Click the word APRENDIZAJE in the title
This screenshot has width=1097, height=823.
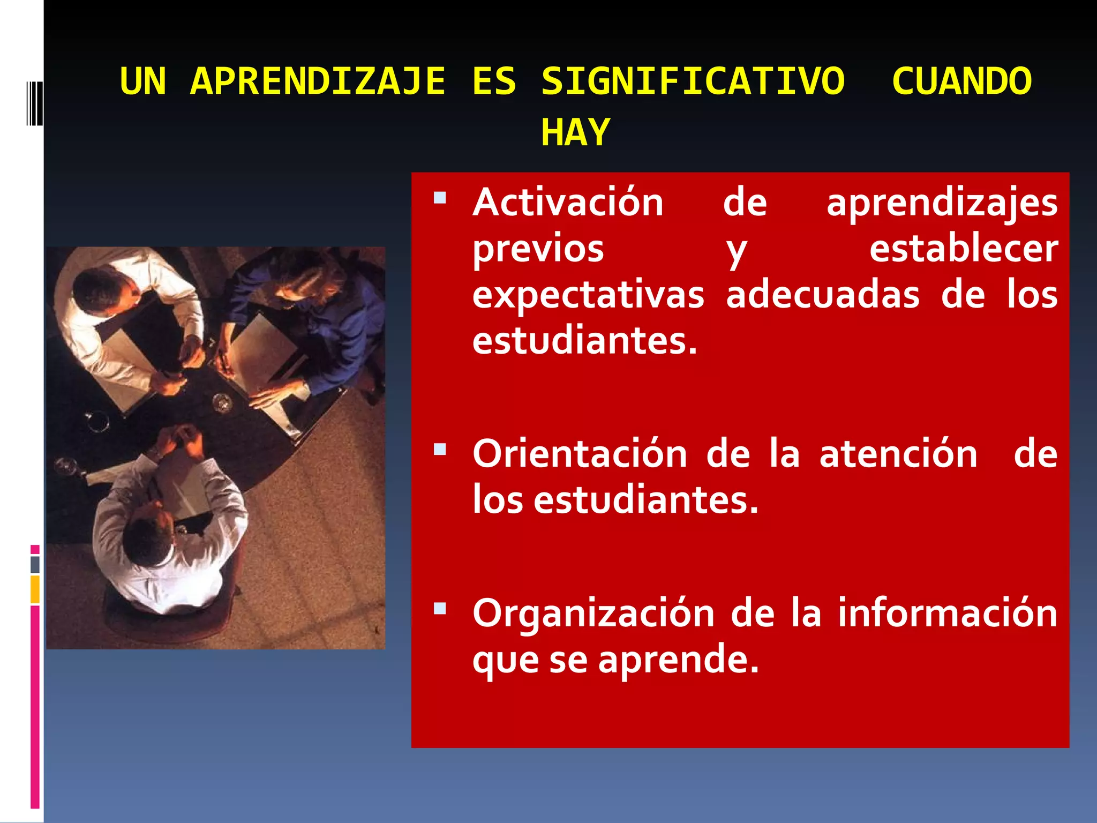tap(318, 81)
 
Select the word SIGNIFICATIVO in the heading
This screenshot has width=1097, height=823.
tap(693, 81)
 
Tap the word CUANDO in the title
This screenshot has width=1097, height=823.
tap(961, 81)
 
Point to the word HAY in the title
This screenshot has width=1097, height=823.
tap(575, 132)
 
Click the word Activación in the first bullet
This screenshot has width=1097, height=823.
tap(568, 203)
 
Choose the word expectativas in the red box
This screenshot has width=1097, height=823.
tap(588, 295)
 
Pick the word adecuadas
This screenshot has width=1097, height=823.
tap(823, 295)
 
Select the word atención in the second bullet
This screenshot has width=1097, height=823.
tap(898, 454)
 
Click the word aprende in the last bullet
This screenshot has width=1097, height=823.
tap(678, 660)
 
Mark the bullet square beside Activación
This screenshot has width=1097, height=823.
tap(440, 198)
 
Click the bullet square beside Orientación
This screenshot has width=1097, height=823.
tap(440, 449)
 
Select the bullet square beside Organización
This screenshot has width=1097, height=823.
tap(440, 608)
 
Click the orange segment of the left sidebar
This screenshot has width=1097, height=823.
tap(35, 589)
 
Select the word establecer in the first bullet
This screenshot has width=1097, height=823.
tap(963, 249)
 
